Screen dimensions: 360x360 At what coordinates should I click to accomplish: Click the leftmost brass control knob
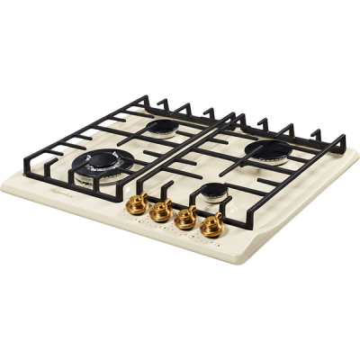[x=137, y=203]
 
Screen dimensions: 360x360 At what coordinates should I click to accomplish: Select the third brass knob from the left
[x=186, y=217]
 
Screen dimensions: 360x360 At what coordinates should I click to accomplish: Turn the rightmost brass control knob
[x=211, y=224]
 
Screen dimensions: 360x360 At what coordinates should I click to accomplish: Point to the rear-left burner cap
[x=162, y=128]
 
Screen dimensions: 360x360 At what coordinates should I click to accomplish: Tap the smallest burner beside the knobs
[x=212, y=190]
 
